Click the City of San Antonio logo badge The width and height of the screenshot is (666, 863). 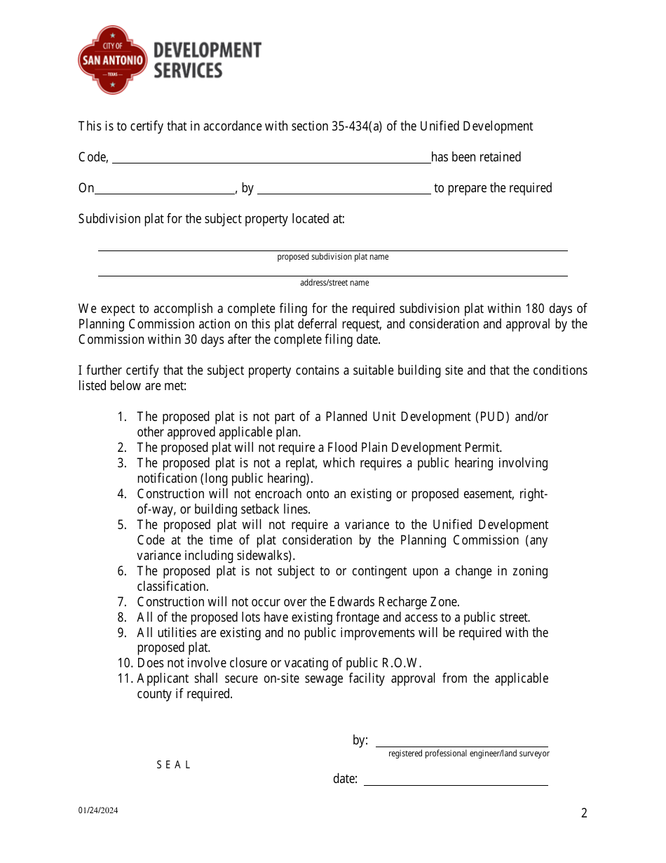click(112, 60)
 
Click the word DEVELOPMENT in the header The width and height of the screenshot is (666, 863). click(207, 51)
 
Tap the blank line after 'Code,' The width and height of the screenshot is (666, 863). click(271, 159)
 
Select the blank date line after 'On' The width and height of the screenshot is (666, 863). click(165, 189)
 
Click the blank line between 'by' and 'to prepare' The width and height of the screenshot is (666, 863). click(344, 189)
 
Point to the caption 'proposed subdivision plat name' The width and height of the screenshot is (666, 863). click(332, 257)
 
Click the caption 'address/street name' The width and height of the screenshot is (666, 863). click(334, 283)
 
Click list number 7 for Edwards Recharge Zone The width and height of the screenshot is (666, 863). click(122, 602)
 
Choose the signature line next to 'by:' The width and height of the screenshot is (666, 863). click(461, 742)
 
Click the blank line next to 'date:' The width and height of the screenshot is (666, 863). click(455, 780)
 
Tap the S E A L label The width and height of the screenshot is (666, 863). click(173, 765)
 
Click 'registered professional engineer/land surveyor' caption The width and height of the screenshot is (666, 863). click(468, 754)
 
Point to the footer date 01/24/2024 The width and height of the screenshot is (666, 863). click(98, 811)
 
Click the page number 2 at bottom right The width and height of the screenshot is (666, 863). click(584, 814)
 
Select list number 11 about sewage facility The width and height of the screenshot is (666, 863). click(125, 678)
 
